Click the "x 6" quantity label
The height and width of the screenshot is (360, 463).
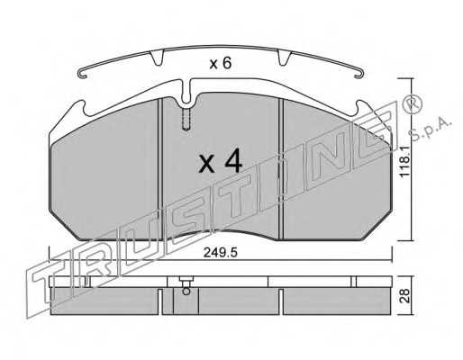click(x=221, y=63)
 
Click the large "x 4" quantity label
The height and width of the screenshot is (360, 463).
click(x=220, y=161)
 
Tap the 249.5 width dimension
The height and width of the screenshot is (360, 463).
click(x=221, y=253)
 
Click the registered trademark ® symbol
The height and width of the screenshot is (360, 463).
click(x=413, y=103)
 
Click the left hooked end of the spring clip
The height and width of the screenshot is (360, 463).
click(x=82, y=74)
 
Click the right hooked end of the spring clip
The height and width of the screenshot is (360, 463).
click(x=359, y=74)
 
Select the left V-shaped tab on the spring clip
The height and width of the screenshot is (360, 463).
click(x=157, y=58)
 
